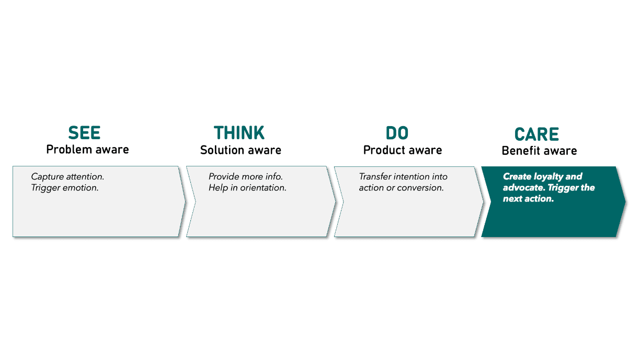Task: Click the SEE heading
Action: click(84, 133)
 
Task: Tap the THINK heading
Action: click(239, 133)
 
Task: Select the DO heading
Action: click(397, 133)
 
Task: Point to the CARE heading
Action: click(536, 134)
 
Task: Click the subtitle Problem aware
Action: click(87, 150)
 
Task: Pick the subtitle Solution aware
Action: click(241, 150)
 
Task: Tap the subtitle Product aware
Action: click(403, 150)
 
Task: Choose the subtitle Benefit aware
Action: click(539, 151)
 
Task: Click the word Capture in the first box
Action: click(47, 177)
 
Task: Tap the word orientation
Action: click(263, 188)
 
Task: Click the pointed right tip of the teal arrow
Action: click(625, 202)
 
